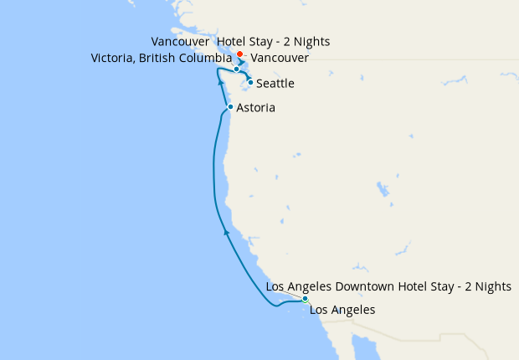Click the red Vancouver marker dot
pos(239,54)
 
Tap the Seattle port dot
pos(250,82)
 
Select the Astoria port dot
pos(230,107)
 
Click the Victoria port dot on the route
pos(237,69)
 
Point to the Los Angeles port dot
pos(306,299)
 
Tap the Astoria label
pos(255,108)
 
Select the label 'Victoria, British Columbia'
pos(160,58)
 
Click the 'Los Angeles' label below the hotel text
pos(342,310)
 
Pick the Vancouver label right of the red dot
pos(280,58)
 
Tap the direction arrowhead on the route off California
pos(225,231)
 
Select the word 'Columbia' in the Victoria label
pos(203,58)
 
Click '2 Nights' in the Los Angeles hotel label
pos(487,286)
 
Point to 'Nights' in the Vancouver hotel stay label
pos(313,41)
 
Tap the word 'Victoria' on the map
pos(113,58)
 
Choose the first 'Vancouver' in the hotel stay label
pos(180,41)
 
